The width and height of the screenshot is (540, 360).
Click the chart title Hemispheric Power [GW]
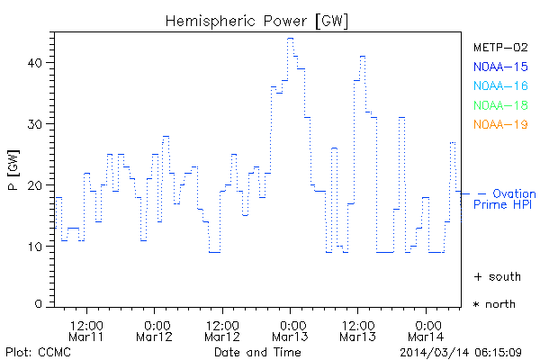[257, 20]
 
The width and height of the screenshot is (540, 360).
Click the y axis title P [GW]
[12, 176]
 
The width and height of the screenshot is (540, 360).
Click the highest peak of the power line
[290, 39]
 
